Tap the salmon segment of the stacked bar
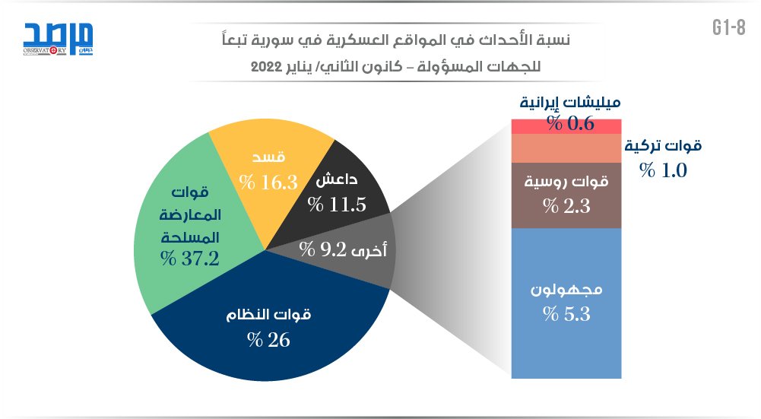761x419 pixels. tap(567, 148)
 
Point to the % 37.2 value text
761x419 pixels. tap(190, 259)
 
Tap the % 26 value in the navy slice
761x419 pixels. tap(269, 339)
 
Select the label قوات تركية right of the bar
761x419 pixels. tap(663, 146)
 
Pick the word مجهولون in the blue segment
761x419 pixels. tap(567, 290)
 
